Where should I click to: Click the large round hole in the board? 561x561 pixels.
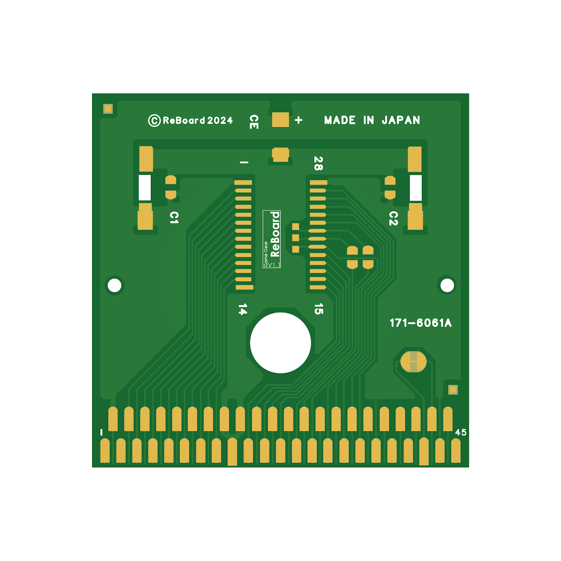pyautogui.click(x=280, y=343)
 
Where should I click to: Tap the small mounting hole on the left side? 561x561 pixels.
pyautogui.click(x=114, y=285)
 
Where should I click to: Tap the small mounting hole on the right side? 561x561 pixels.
pyautogui.click(x=447, y=285)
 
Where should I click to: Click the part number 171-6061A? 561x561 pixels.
pyautogui.click(x=420, y=323)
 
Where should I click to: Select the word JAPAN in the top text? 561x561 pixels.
pyautogui.click(x=401, y=120)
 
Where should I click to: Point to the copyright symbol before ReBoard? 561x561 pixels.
pyautogui.click(x=154, y=121)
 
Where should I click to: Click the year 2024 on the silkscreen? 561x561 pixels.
pyautogui.click(x=220, y=121)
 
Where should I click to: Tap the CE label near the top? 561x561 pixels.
pyautogui.click(x=254, y=122)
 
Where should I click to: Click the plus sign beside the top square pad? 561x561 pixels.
pyautogui.click(x=298, y=120)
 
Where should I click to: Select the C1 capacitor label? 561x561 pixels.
pyautogui.click(x=174, y=217)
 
